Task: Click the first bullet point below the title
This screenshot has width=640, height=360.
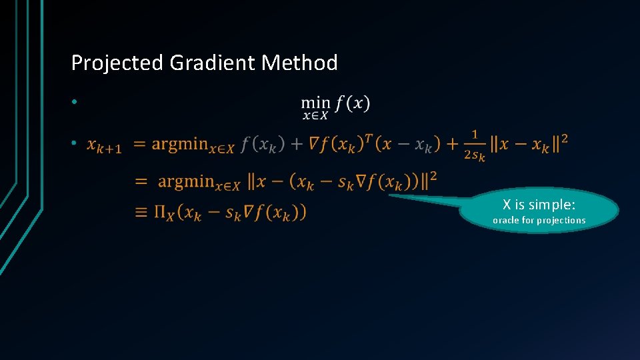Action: (76, 102)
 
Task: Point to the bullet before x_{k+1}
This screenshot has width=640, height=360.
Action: (76, 143)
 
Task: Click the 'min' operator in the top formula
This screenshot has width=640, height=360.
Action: (315, 103)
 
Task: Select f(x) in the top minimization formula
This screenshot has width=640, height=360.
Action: (353, 103)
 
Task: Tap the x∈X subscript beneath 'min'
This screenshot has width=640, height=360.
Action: (315, 117)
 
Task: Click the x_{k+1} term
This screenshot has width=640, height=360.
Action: (104, 145)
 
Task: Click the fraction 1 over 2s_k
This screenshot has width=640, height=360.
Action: (474, 145)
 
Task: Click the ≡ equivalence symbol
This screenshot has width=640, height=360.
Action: (141, 212)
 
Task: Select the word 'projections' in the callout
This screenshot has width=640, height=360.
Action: (561, 220)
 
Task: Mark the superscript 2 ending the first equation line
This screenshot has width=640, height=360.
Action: (565, 137)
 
